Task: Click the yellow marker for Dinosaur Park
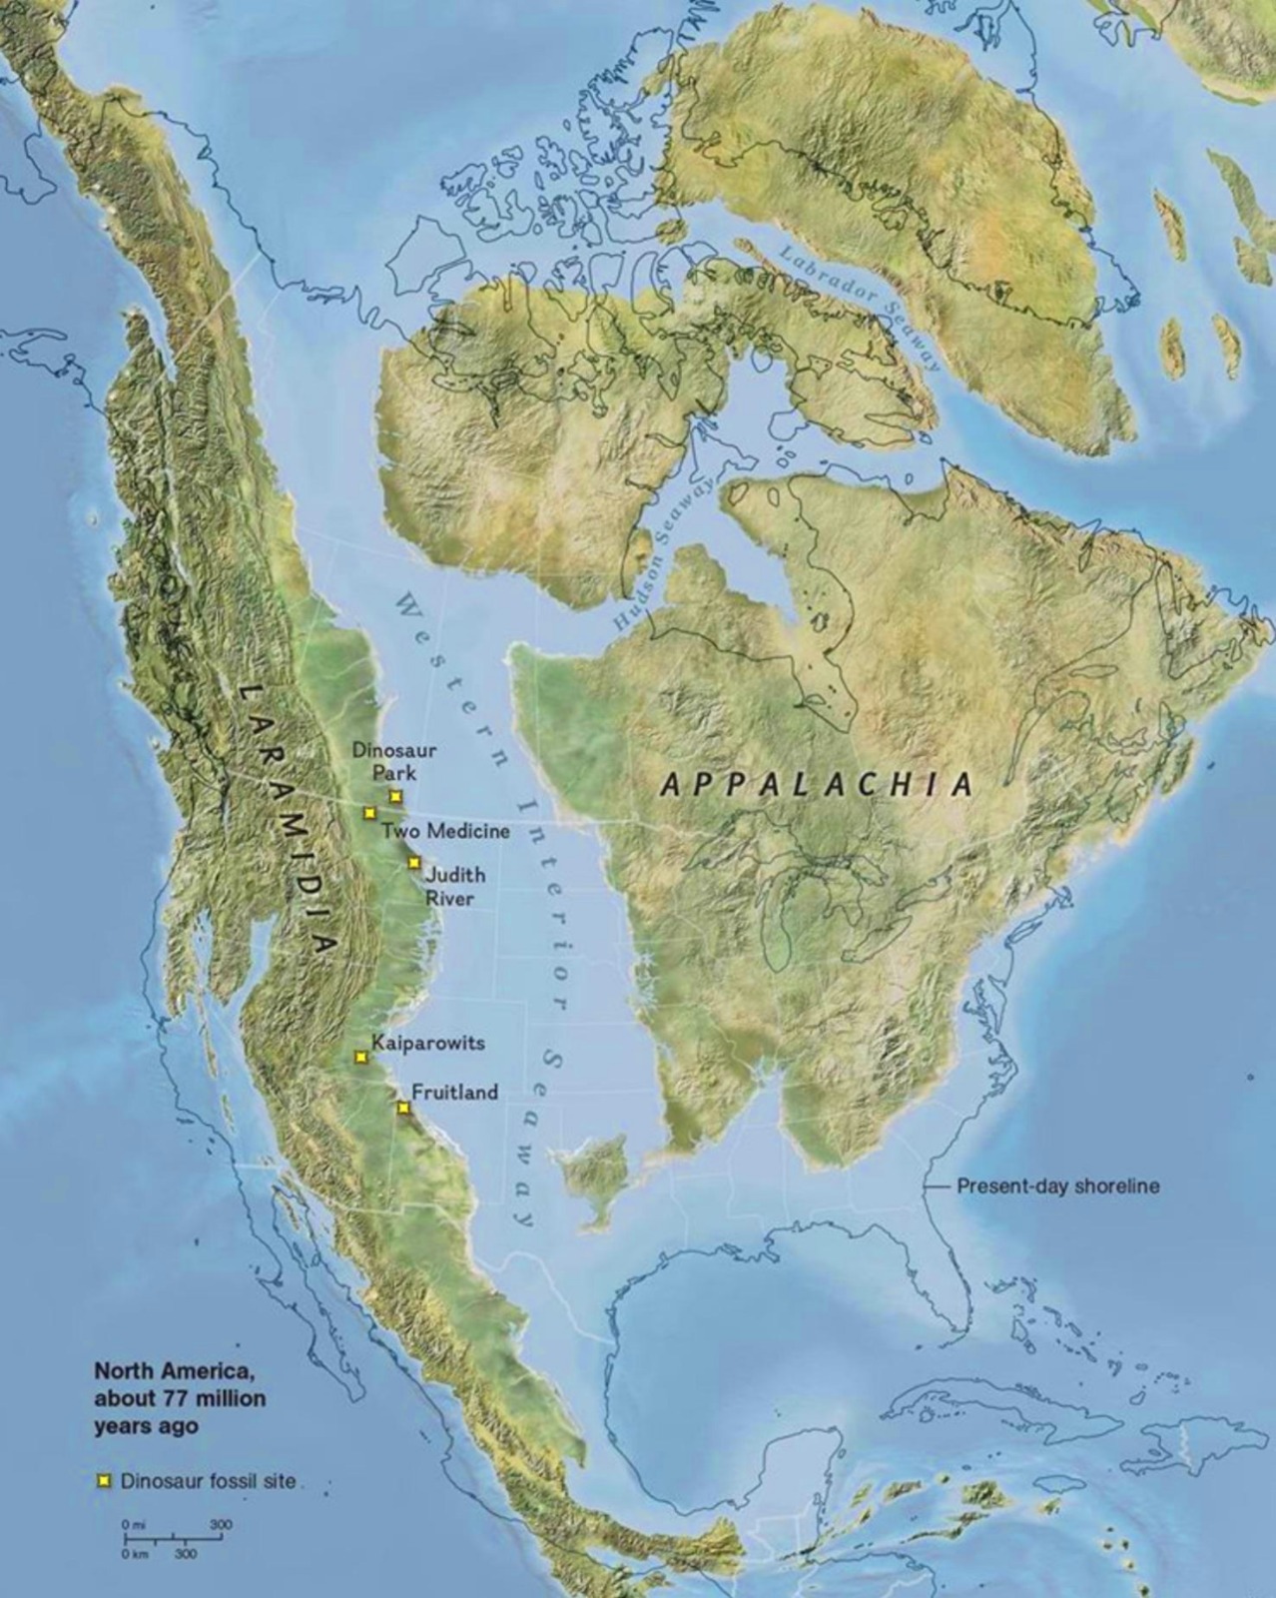pyautogui.click(x=396, y=796)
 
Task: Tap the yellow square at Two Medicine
pyautogui.click(x=369, y=813)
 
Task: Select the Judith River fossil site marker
pyautogui.click(x=414, y=863)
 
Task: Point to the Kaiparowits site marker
pyautogui.click(x=361, y=1057)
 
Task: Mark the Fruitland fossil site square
pyautogui.click(x=403, y=1108)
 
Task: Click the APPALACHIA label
pyautogui.click(x=817, y=784)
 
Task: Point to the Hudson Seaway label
pyautogui.click(x=664, y=553)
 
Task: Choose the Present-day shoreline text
pyautogui.click(x=1058, y=1187)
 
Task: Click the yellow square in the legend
pyautogui.click(x=103, y=1481)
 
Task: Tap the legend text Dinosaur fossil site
pyautogui.click(x=208, y=1481)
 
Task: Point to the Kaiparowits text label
pyautogui.click(x=427, y=1043)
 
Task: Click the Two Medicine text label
pyautogui.click(x=445, y=831)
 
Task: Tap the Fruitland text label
pyautogui.click(x=454, y=1093)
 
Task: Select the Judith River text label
pyautogui.click(x=455, y=886)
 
